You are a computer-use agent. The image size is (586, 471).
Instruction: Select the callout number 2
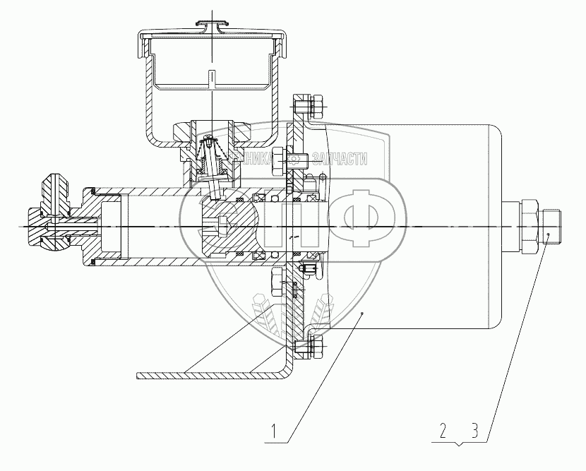pyautogui.click(x=442, y=429)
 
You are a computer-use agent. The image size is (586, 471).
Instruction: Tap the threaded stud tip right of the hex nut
pyautogui.click(x=553, y=225)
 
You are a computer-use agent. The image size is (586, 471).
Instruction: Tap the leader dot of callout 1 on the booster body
pyautogui.click(x=362, y=311)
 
